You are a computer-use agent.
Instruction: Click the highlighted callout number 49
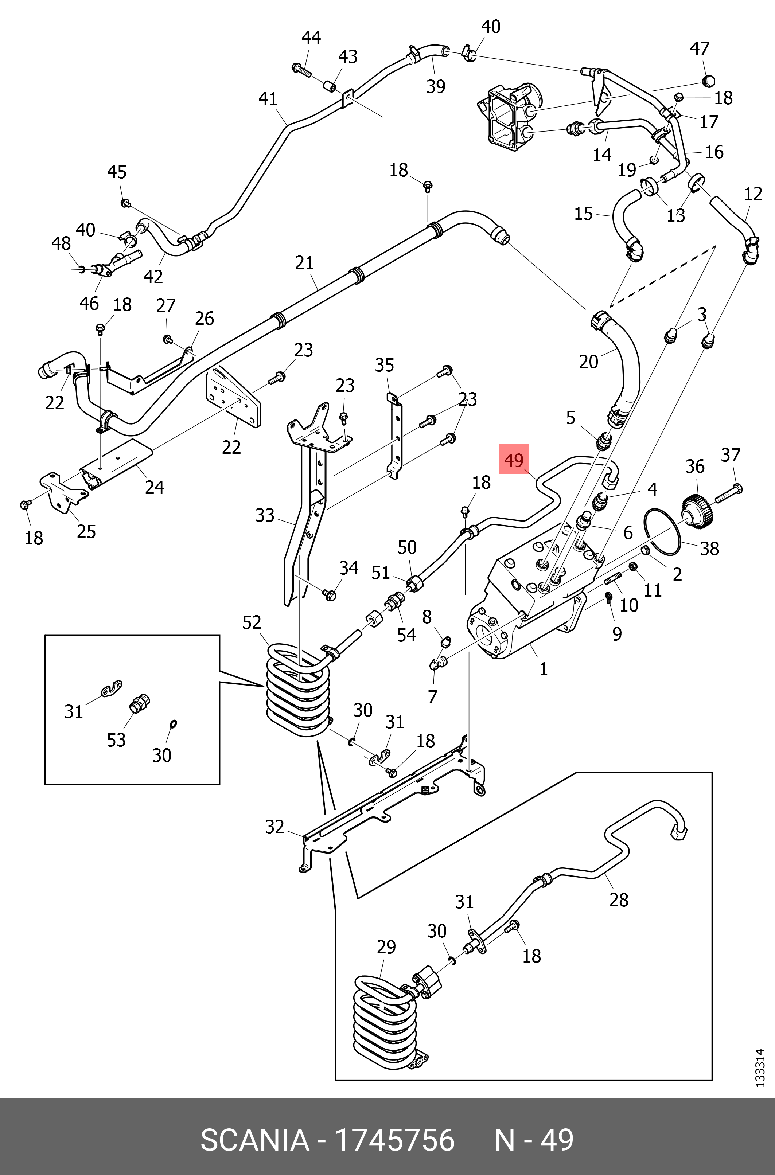tap(514, 460)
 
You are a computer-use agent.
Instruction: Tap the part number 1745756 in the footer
tap(394, 1140)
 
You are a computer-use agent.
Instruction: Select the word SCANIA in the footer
tap(254, 1140)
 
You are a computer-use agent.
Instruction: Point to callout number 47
tap(700, 48)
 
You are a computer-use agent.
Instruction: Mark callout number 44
tap(311, 38)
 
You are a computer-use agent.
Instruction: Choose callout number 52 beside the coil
tap(252, 622)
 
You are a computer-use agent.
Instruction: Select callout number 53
tap(116, 740)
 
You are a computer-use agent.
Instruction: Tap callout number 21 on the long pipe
tap(304, 262)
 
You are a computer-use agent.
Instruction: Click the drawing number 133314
tap(760, 1067)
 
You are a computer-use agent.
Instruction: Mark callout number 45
tap(117, 172)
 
